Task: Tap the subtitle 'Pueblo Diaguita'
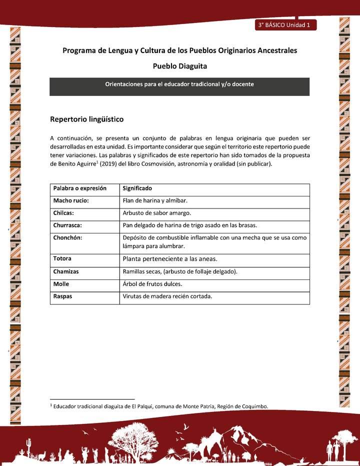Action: click(x=179, y=66)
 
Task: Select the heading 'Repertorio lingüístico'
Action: click(x=86, y=119)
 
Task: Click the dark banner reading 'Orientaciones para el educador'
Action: click(x=179, y=84)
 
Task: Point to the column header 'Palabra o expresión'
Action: click(x=80, y=188)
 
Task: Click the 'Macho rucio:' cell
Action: click(x=71, y=200)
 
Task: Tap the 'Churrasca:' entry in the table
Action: click(x=67, y=225)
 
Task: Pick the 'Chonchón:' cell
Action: click(x=67, y=237)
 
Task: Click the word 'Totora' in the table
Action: click(x=62, y=258)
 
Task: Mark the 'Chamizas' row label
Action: click(x=66, y=271)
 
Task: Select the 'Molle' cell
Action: click(x=61, y=284)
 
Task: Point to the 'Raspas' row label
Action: click(x=62, y=296)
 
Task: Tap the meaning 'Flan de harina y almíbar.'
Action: click(x=155, y=200)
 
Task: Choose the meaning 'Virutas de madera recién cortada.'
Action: click(x=167, y=296)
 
